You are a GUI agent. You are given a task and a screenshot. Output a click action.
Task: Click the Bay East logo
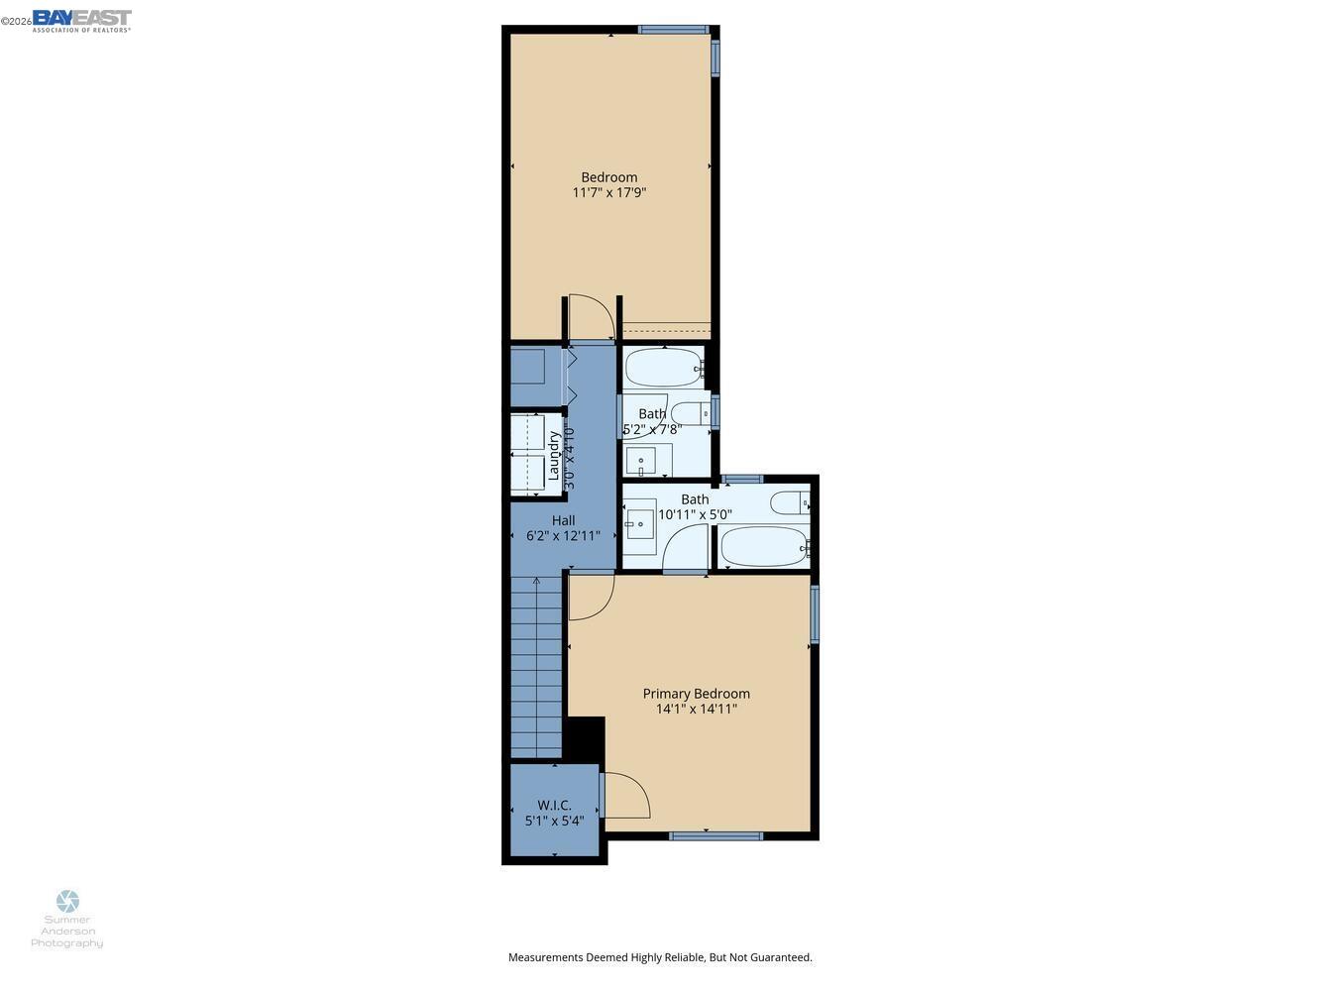(x=81, y=20)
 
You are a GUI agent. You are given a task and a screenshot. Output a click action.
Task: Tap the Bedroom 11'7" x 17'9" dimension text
(x=608, y=192)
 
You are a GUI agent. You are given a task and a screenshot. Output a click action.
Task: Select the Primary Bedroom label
(x=696, y=694)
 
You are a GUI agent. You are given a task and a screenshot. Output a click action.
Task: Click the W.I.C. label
(x=554, y=805)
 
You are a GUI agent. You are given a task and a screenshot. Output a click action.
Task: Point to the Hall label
(x=563, y=520)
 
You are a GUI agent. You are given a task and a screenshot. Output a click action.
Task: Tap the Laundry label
(x=554, y=455)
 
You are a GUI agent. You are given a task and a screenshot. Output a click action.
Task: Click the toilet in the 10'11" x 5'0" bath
(x=791, y=503)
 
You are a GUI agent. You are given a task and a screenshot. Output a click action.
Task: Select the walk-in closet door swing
(x=626, y=795)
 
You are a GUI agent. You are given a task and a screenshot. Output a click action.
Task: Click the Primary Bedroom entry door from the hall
(x=590, y=597)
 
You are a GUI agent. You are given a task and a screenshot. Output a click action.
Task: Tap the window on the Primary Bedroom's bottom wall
(x=716, y=836)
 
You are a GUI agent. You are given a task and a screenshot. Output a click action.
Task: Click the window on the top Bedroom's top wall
(x=673, y=30)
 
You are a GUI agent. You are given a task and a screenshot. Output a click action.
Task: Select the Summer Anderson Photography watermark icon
(x=67, y=901)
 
